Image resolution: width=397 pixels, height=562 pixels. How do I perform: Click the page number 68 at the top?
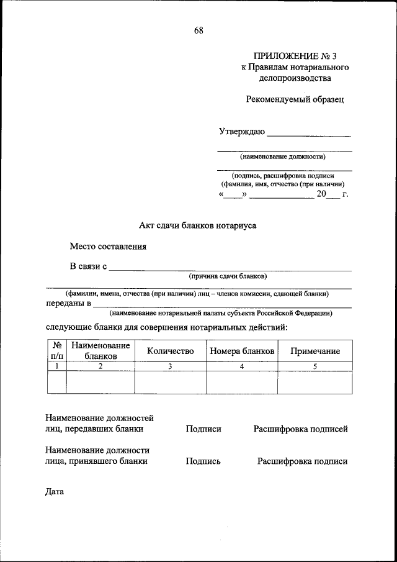[x=198, y=31]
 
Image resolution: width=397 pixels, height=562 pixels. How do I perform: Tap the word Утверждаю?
[x=242, y=132]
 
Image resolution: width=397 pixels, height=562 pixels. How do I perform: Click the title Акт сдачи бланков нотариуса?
[x=197, y=225]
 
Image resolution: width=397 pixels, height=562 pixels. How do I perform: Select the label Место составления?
[x=108, y=246]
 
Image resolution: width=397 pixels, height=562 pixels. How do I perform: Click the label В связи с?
[x=89, y=267]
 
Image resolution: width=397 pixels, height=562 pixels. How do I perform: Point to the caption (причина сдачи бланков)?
[x=228, y=276]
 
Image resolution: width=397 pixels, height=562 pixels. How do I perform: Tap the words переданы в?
[x=69, y=304]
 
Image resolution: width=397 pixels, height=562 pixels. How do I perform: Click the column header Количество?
[x=171, y=351]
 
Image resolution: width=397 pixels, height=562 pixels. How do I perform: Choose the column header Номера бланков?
[x=242, y=351]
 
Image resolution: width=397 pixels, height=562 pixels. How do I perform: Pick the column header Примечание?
[x=315, y=351]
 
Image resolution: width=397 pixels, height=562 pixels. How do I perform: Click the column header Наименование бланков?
[x=100, y=351]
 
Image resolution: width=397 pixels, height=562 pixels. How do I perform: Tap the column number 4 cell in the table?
[x=242, y=366]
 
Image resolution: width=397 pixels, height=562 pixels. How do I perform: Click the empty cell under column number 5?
[x=315, y=383]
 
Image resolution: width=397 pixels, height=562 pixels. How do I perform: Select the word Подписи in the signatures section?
[x=203, y=428]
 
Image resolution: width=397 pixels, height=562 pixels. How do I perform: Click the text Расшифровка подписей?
[x=300, y=428]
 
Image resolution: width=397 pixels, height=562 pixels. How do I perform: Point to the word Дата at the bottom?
[x=55, y=492]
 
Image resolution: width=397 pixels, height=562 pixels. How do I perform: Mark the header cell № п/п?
[x=56, y=351]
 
